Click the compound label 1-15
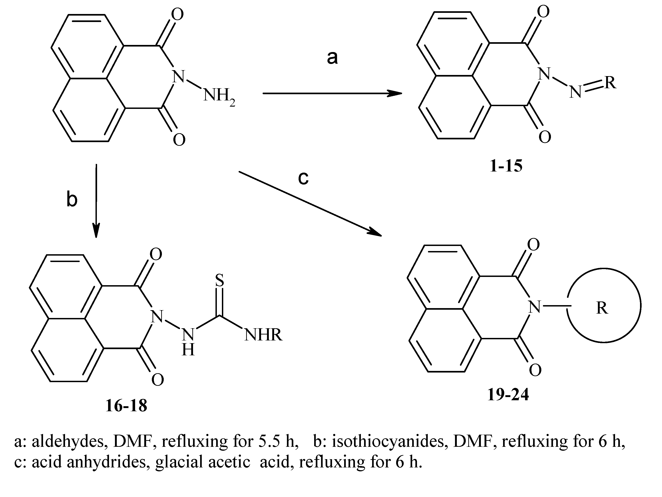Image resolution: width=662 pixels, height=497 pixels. tap(506, 166)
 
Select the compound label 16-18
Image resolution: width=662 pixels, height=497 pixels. tap(126, 406)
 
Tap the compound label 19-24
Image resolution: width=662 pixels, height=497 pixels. tap(508, 395)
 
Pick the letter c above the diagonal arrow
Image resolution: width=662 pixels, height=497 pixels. tap(303, 178)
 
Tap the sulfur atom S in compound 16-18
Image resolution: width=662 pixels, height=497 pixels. tap(219, 280)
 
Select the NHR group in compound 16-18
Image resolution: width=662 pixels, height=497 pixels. tap(263, 335)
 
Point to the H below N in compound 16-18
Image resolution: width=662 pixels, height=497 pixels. tap(188, 350)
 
